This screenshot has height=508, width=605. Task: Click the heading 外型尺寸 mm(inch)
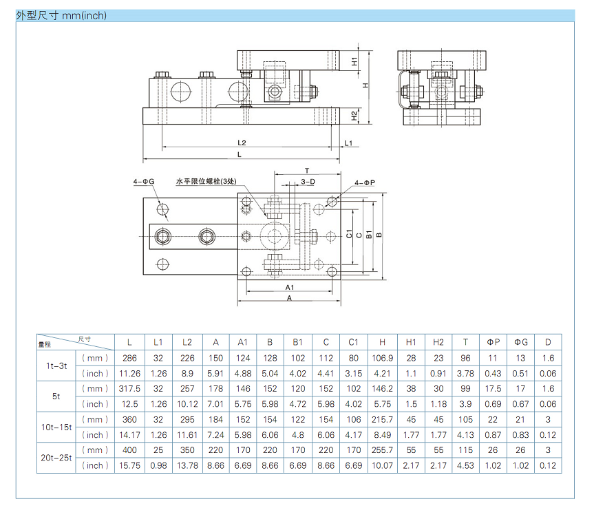coord(61,15)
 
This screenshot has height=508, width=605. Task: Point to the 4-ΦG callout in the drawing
coord(144,182)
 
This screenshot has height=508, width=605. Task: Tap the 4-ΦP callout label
coord(365,182)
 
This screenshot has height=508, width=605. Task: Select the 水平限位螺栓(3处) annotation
coord(207,182)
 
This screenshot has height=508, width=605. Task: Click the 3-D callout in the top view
coord(308,182)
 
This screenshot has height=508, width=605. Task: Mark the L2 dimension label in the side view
coord(242,142)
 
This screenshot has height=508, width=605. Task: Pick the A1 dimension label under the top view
coord(290,286)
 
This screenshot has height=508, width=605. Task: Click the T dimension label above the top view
coord(307,171)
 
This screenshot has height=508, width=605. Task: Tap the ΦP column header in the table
coord(493,342)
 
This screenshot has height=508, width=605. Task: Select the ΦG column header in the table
coord(520,342)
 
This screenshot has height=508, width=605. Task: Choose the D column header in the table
coord(548,342)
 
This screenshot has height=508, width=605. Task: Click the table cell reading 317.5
coord(130,389)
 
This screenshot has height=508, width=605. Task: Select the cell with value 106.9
coord(382,358)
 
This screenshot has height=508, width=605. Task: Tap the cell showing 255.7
coord(382,450)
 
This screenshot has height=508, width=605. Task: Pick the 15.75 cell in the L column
coord(130,465)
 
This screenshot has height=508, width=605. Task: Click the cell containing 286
coord(130,358)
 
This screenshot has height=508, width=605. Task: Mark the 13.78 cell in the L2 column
coord(187,465)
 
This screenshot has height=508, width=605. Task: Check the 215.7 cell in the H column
coord(382,419)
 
